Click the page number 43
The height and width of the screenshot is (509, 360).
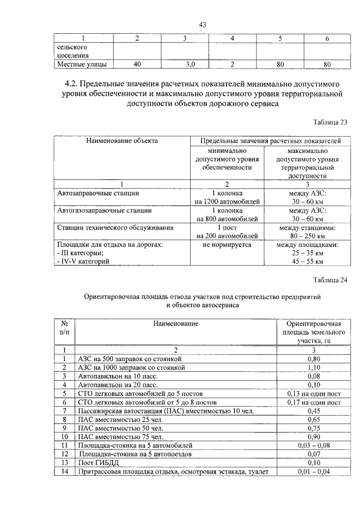tap(204, 24)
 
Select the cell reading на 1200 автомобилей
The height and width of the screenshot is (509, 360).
tap(227, 201)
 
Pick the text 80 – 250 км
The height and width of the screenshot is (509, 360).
tap(307, 236)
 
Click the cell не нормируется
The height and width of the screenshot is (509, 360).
tap(227, 245)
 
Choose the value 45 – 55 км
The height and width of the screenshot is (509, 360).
tap(307, 262)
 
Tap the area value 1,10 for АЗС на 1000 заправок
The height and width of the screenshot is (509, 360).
tap(311, 367)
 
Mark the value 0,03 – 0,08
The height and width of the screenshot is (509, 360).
tap(311, 445)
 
